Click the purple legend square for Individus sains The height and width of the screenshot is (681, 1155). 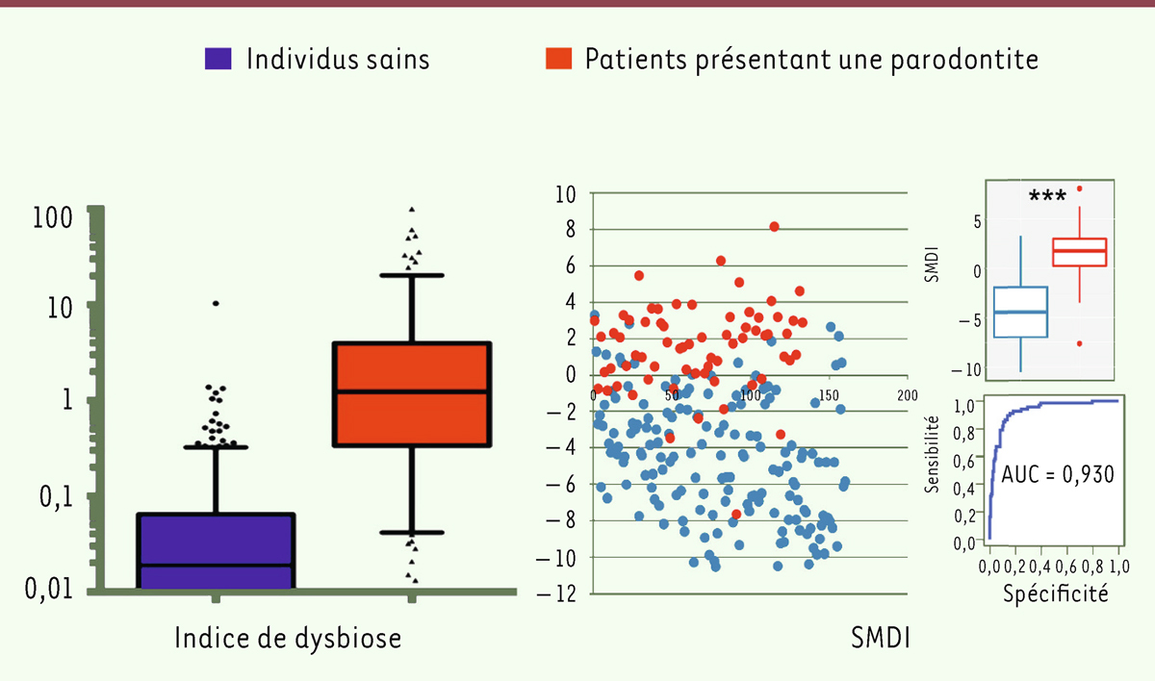[x=218, y=59]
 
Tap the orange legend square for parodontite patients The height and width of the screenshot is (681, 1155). [x=557, y=59]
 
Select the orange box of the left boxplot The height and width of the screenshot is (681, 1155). [x=412, y=393]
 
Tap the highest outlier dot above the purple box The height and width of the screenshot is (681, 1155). [x=216, y=303]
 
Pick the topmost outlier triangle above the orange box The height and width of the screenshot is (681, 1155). [x=412, y=209]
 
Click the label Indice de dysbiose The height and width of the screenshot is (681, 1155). [x=288, y=638]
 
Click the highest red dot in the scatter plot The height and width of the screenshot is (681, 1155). [x=774, y=226]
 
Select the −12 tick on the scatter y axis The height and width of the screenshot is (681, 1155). [x=560, y=593]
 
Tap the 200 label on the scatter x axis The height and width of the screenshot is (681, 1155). [x=906, y=395]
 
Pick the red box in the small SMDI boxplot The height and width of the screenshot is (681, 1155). [x=1078, y=251]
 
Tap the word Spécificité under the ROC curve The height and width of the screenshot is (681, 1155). [x=1056, y=593]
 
